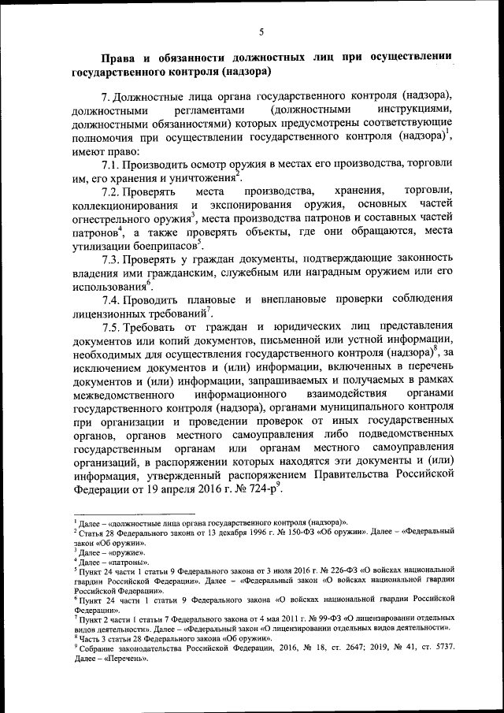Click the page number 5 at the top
click(261, 32)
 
